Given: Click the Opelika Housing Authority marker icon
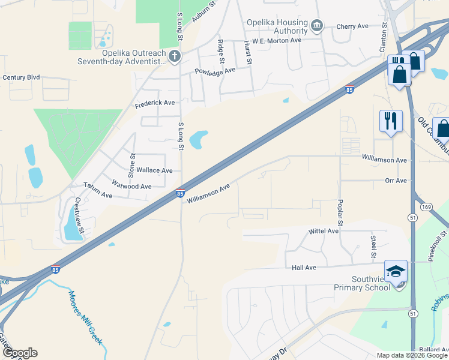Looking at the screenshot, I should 318,26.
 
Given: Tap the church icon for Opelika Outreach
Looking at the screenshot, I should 175,56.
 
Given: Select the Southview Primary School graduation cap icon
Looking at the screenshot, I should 396,271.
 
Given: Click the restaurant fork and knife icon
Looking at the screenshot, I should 391,121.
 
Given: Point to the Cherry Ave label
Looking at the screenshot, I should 352,26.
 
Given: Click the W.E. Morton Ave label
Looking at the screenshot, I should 277,40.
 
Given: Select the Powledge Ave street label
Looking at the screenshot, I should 214,71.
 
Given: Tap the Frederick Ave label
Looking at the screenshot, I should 155,103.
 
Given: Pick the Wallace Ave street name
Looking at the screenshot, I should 155,170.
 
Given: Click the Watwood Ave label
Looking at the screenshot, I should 132,187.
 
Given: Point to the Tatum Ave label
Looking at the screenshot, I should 98,191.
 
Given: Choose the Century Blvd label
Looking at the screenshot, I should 21,77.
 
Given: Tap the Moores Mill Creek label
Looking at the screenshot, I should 85,317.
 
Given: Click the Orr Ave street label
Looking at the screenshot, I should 396,181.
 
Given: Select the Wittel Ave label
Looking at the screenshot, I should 324,231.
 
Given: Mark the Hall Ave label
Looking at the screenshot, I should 304,268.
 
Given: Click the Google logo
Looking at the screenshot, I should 20,353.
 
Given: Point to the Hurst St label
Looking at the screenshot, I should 247,52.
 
